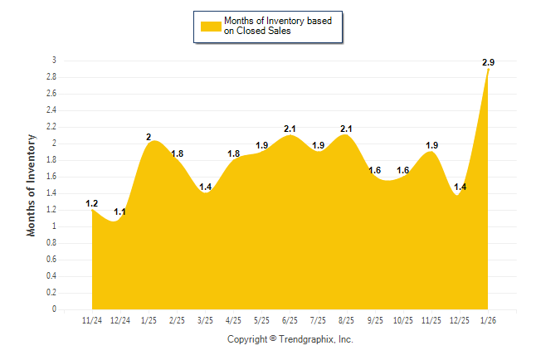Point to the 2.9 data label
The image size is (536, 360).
click(x=488, y=62)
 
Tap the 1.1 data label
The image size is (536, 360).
click(x=119, y=212)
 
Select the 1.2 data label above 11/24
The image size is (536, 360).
click(x=92, y=203)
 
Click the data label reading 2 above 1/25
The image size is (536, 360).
click(x=149, y=137)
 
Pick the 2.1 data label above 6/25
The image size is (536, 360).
click(x=290, y=129)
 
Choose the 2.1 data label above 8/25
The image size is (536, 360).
click(x=346, y=129)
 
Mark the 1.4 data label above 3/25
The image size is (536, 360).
click(x=206, y=187)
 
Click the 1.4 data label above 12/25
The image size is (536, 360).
click(x=460, y=187)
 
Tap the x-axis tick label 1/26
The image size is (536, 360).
click(x=488, y=319)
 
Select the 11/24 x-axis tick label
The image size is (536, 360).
click(x=92, y=319)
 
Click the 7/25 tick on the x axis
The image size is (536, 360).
click(x=318, y=319)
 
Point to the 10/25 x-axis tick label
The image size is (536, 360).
click(x=402, y=319)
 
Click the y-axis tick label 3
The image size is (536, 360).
click(x=54, y=61)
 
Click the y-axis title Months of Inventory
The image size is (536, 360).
click(x=32, y=185)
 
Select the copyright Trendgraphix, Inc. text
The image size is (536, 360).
click(x=290, y=339)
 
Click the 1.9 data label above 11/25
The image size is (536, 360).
click(x=431, y=145)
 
